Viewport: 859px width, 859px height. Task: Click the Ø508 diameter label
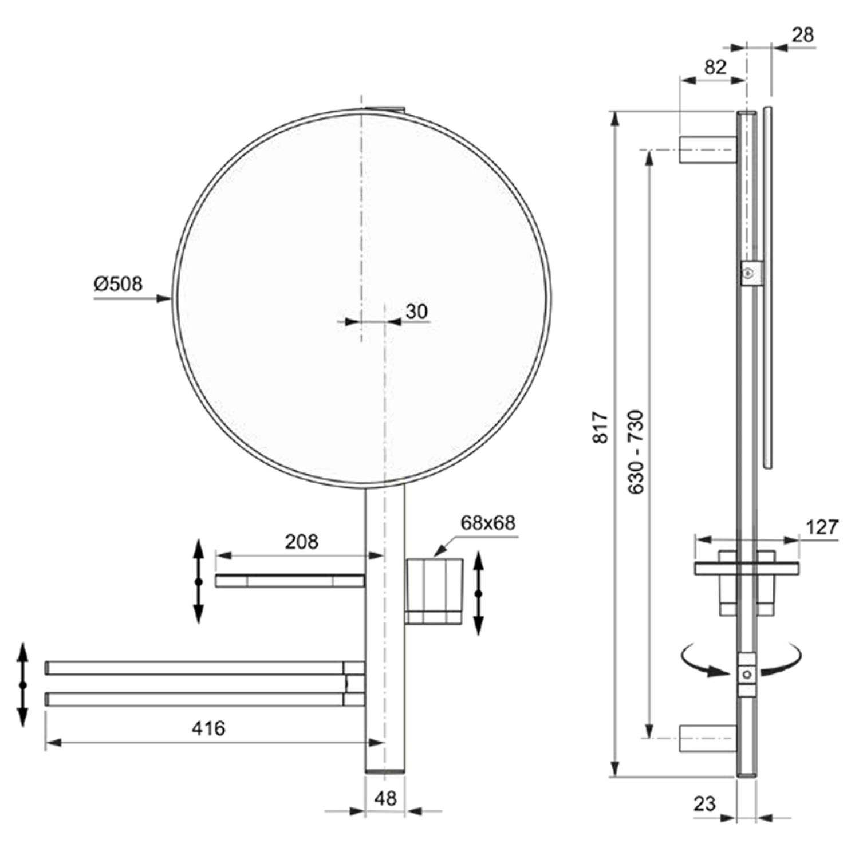[x=118, y=284]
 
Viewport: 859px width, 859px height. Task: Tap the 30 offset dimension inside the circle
[x=416, y=312]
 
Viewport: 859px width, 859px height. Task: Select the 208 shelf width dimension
[x=301, y=542]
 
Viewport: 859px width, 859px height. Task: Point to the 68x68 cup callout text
[x=487, y=523]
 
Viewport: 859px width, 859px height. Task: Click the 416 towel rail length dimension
[x=208, y=728]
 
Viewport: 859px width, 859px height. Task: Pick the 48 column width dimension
[x=385, y=798]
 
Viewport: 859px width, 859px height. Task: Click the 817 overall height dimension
[x=600, y=427]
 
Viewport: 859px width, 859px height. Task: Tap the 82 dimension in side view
[x=715, y=67]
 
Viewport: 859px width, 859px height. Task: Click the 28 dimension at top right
[x=802, y=35]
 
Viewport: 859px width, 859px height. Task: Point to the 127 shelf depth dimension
[x=822, y=527]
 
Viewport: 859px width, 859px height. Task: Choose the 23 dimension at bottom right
[x=704, y=804]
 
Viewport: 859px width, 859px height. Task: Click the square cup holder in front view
[x=434, y=591]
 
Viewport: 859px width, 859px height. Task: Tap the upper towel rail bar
[x=195, y=668]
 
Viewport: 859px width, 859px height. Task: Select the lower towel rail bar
[x=195, y=699]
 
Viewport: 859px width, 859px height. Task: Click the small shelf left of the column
[x=290, y=581]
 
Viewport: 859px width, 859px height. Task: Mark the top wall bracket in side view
[x=707, y=150]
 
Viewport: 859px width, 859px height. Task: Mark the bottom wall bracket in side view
[x=707, y=738]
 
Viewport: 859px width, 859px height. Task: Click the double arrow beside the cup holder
[x=479, y=594]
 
